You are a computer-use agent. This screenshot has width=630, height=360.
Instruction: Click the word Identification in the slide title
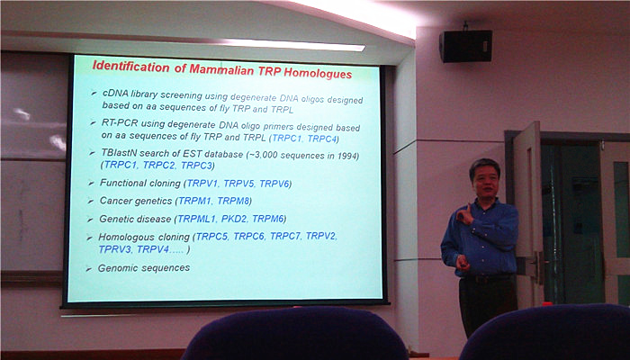[131, 67]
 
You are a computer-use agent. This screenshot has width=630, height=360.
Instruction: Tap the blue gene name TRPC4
[322, 139]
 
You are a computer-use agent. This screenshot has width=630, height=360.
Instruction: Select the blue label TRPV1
[202, 184]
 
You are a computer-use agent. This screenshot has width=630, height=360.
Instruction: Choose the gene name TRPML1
[197, 219]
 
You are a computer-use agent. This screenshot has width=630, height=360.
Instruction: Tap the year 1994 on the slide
[346, 156]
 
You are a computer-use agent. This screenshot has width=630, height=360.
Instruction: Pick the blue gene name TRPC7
[285, 236]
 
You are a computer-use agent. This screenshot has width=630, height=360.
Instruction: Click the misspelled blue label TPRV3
[115, 249]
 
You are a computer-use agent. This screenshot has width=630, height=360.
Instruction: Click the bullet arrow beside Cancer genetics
[91, 201]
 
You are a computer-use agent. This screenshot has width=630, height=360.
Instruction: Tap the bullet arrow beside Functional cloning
[91, 184]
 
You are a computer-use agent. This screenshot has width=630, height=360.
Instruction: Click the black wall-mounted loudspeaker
[465, 45]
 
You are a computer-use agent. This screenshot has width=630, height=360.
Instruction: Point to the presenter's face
[485, 181]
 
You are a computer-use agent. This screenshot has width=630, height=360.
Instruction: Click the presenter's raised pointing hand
[465, 214]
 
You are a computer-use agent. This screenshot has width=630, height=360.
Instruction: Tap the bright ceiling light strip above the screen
[293, 45]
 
